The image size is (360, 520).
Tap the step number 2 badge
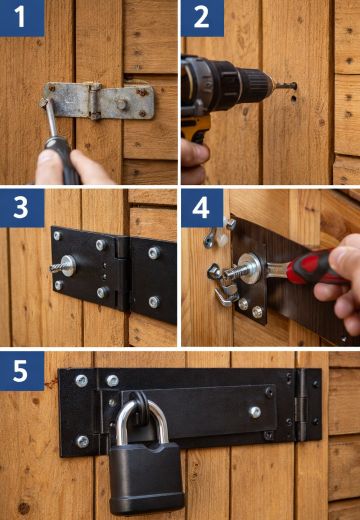pos(202,18)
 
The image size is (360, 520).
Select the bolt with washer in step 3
pos(64,266)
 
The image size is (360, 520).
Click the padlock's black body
pos(146,476)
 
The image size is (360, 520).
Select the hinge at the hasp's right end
pos(305,405)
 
